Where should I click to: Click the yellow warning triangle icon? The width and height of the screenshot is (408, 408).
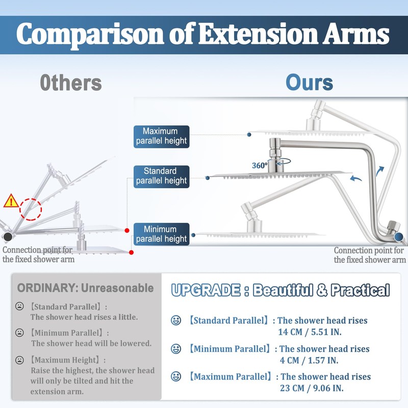coord(11,200)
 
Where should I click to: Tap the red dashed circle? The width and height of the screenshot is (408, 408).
coord(31,209)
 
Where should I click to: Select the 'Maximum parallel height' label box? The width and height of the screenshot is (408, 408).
coord(162,136)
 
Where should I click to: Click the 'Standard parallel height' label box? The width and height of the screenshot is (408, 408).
coord(162,176)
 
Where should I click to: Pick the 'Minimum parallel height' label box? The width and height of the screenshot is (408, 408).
coord(162,234)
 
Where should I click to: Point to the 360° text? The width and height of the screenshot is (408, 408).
coord(260,165)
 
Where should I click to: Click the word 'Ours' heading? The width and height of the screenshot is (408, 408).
coord(309,83)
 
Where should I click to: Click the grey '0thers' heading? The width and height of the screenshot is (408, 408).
coord(71,83)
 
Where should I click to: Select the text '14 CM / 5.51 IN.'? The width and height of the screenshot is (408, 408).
coord(309,332)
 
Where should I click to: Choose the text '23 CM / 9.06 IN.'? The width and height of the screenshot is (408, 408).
coord(311,389)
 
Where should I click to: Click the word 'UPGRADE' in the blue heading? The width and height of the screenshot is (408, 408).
coord(206,291)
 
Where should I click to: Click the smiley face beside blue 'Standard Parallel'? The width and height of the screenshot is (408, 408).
coord(176,321)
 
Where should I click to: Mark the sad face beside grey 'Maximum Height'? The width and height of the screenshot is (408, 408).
coord(20,360)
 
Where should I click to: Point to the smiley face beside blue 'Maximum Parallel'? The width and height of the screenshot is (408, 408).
coord(176,377)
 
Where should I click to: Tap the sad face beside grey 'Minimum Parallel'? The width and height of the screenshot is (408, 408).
coord(20,333)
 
